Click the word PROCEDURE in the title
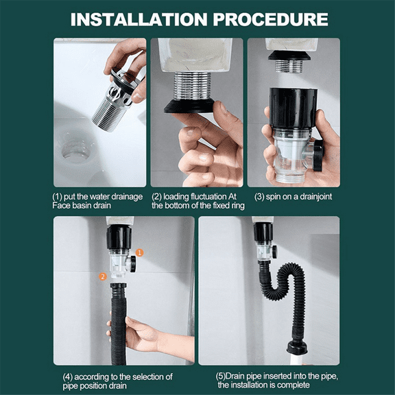coord(271,19)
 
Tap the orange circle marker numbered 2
coord(103,276)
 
